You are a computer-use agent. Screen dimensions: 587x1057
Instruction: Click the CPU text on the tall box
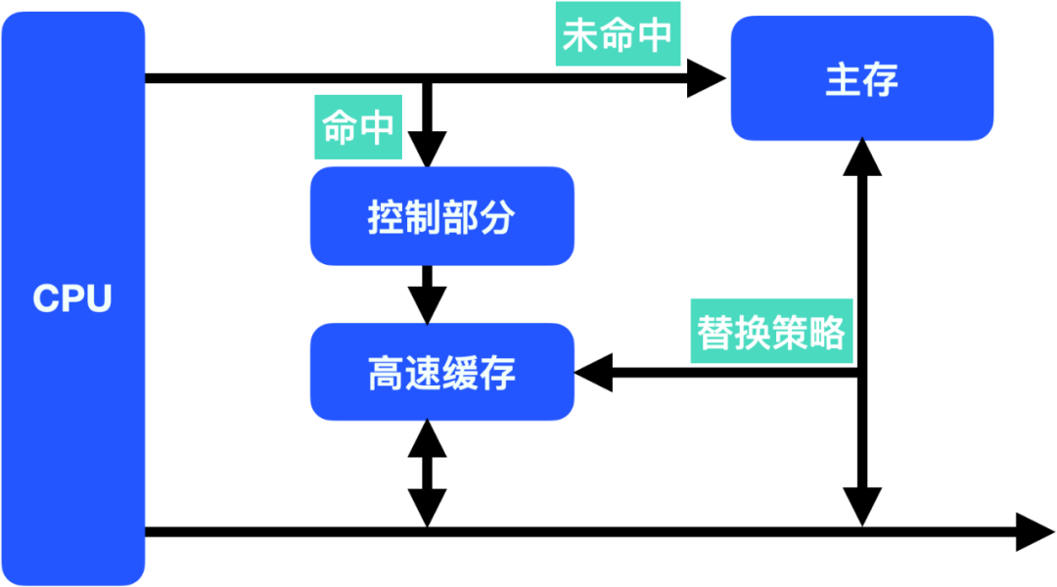click(72, 298)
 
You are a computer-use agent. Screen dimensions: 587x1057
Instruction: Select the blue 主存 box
click(861, 78)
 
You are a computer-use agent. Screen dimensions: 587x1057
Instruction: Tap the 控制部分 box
click(441, 216)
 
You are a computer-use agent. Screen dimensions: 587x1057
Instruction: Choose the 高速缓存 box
click(441, 372)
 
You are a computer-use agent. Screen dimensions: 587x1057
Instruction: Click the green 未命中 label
click(618, 35)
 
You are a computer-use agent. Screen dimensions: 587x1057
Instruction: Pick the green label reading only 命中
click(358, 127)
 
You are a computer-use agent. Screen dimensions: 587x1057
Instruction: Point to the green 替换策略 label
click(771, 332)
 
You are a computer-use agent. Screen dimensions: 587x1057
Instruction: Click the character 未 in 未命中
click(580, 35)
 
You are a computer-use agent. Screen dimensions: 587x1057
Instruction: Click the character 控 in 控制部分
click(386, 217)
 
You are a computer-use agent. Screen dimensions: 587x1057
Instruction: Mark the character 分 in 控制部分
click(497, 217)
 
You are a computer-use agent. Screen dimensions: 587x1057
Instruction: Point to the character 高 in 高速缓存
click(386, 373)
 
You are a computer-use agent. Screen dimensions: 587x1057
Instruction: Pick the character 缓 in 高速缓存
click(460, 373)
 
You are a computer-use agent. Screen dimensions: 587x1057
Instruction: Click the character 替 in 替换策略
click(715, 333)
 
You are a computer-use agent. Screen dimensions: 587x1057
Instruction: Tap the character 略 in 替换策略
click(827, 333)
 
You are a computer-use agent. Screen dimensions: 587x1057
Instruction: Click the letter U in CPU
click(99, 298)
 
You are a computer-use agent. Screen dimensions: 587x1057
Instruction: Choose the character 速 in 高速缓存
click(423, 373)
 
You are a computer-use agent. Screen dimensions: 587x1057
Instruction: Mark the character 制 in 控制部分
click(423, 217)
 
